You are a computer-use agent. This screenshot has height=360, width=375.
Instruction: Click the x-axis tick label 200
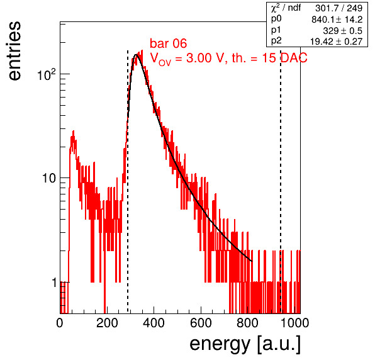pos(107,323)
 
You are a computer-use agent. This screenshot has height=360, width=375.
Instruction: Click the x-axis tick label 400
pos(154,323)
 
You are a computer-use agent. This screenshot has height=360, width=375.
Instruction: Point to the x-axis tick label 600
pos(201,323)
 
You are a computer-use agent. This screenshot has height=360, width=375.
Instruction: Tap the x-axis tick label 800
pos(248,323)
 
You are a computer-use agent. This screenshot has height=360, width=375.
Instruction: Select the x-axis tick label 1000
pos(294,323)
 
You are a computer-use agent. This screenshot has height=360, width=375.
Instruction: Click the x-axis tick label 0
pos(60,323)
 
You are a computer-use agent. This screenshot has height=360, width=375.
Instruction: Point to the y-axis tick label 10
pos(50,178)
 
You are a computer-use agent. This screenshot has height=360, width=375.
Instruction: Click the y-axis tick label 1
pos(54,283)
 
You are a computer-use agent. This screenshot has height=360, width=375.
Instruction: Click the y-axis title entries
pos(15,51)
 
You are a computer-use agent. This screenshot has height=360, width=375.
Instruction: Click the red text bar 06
pos(169,43)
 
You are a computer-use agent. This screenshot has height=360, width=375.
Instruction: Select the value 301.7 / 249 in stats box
pos(339,8)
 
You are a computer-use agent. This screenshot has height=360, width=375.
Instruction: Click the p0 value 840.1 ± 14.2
pos(337,20)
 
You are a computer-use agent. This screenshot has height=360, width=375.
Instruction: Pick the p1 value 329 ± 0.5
pos(342,31)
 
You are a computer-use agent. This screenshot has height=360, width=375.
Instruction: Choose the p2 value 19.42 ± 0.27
pos(336,42)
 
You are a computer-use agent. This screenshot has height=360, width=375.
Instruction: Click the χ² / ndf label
pos(286,8)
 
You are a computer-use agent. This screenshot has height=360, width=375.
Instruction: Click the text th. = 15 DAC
pos(269,58)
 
